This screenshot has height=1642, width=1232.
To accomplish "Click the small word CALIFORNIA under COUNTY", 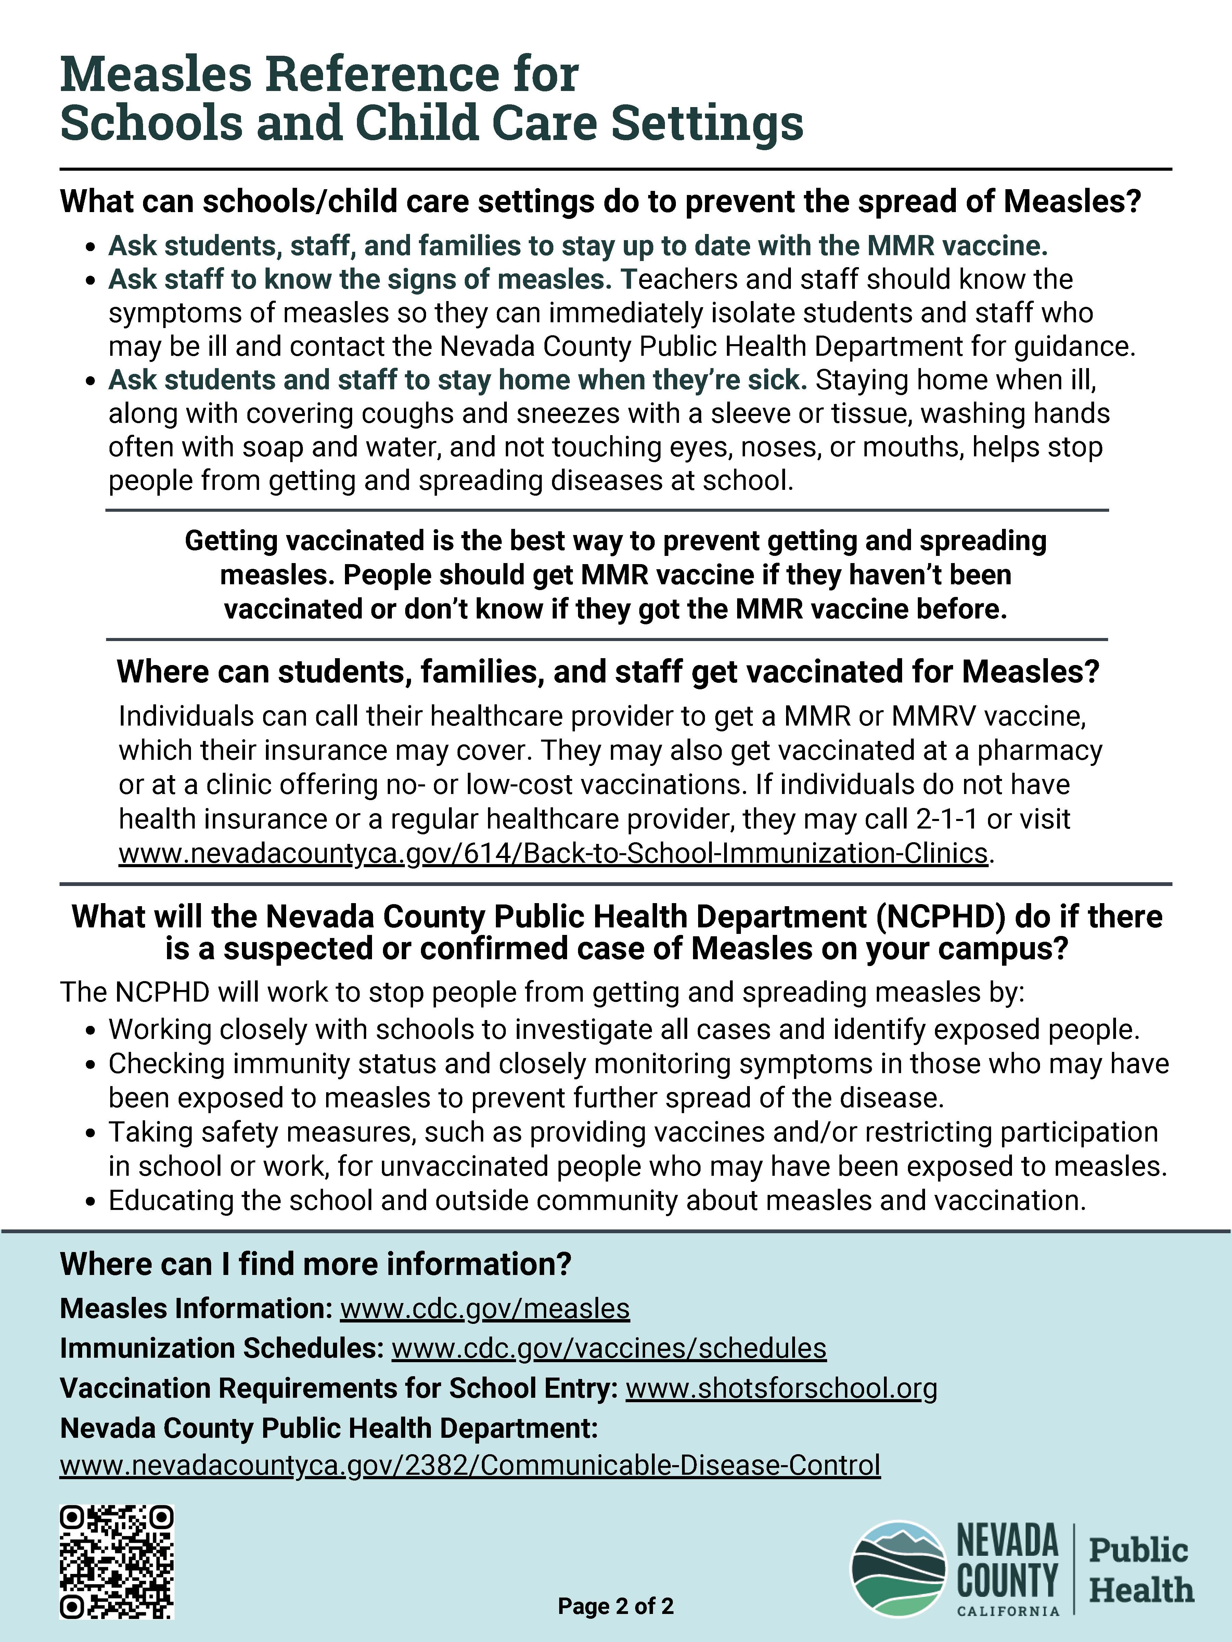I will pos(1008,1611).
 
